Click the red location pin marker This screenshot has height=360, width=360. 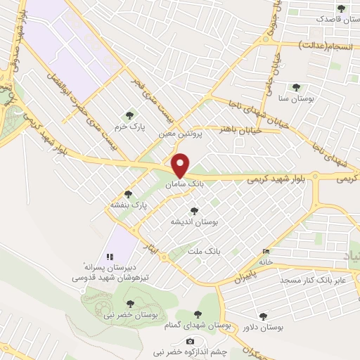[x=181, y=165]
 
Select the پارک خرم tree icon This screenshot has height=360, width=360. [x=128, y=115]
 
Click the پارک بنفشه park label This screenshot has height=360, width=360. [x=127, y=205]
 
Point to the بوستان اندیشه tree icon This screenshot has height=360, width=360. [x=194, y=210]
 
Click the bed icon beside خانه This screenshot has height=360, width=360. [x=265, y=251]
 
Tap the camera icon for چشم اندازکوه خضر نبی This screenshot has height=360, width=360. [x=190, y=341]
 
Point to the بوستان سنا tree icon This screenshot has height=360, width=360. [x=295, y=87]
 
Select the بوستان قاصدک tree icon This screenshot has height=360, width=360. [x=341, y=8]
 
